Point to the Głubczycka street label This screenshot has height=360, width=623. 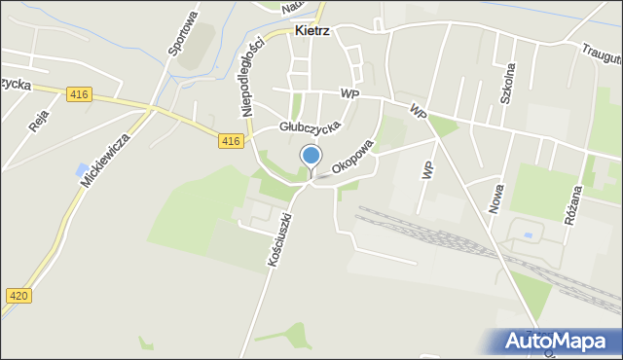click(310, 126)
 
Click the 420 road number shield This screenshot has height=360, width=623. click(17, 295)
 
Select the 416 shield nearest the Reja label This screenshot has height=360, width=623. click(80, 93)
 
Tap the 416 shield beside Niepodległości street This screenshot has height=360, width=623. click(230, 141)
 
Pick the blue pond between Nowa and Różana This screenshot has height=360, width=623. click(527, 234)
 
